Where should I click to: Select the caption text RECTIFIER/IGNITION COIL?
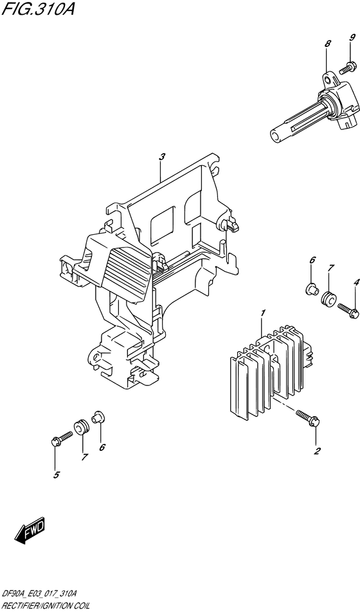(46, 606)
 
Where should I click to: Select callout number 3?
(163, 156)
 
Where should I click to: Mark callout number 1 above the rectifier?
(263, 313)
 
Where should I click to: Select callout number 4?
(355, 282)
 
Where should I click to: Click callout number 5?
(55, 475)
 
